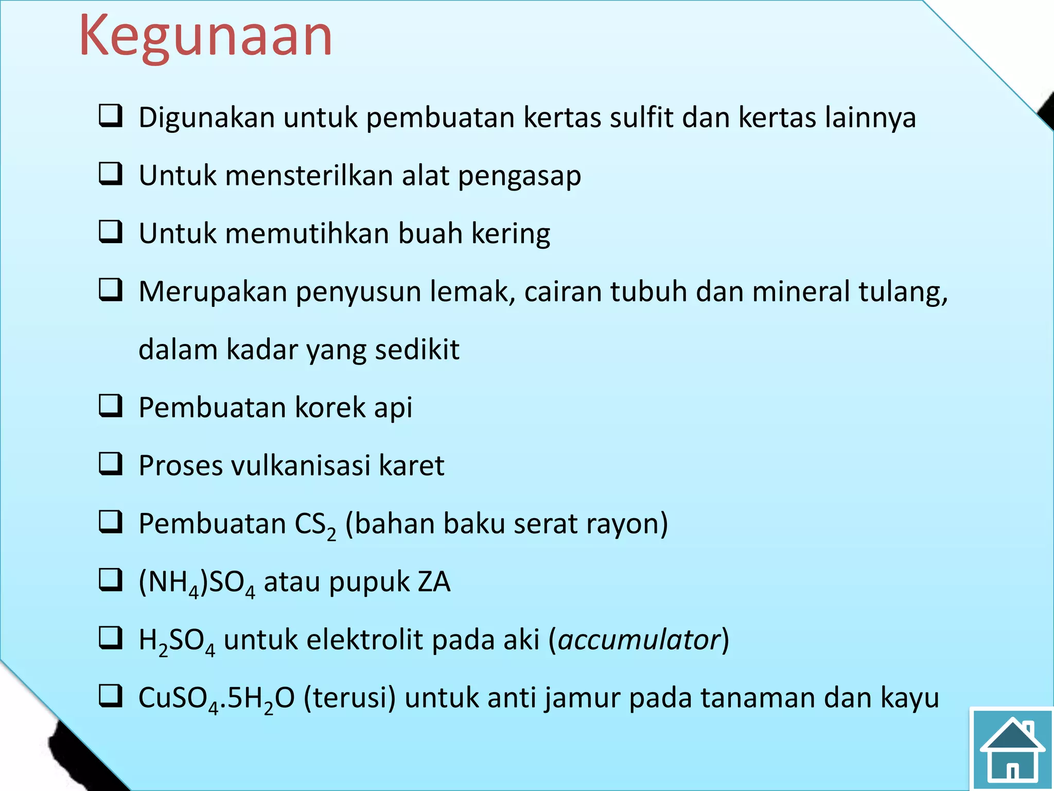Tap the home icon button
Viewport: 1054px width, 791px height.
click(x=1012, y=749)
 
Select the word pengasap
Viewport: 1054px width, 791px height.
click(x=520, y=176)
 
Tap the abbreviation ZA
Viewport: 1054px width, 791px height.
click(x=434, y=582)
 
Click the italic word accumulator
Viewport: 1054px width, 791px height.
click(x=639, y=640)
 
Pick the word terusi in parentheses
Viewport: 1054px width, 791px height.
click(x=350, y=698)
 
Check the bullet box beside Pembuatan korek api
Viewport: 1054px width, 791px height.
click(x=111, y=406)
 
